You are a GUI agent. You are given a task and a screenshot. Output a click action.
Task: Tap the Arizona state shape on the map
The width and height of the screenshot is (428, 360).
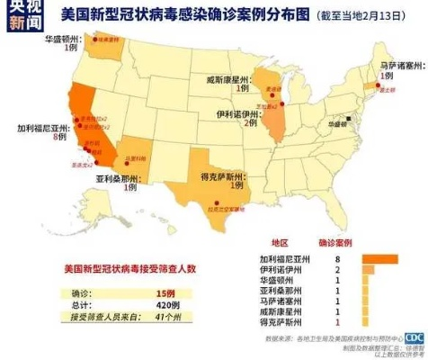click(x=136, y=157)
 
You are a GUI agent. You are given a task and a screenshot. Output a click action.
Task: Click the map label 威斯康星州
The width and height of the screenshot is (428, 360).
click(x=238, y=78)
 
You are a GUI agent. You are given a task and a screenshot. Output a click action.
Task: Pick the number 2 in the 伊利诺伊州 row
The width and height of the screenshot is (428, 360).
click(x=337, y=268)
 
